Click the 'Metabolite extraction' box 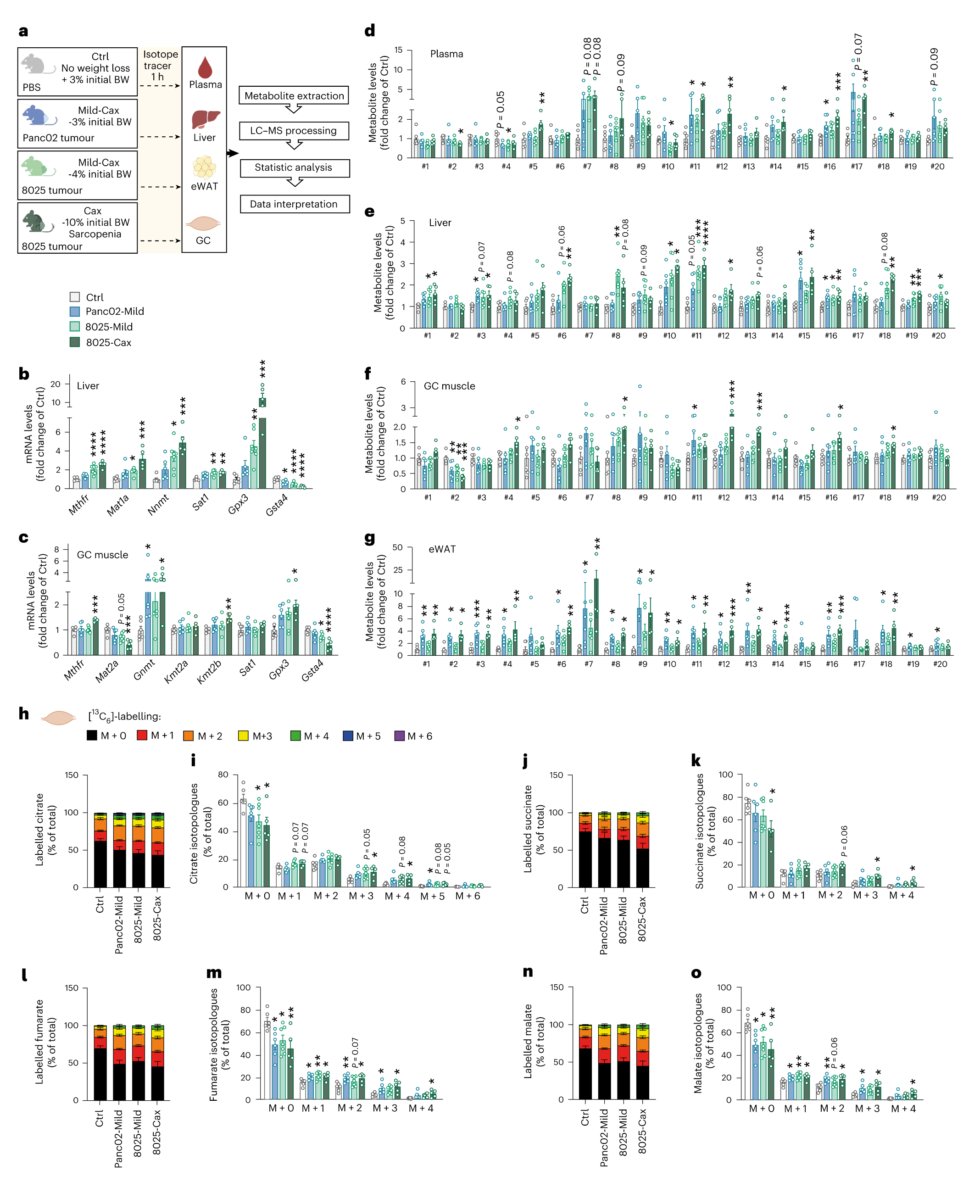pyautogui.click(x=294, y=95)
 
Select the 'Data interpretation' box pyautogui.click(x=294, y=204)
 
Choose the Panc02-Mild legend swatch pyautogui.click(x=74, y=311)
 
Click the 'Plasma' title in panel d pyautogui.click(x=446, y=54)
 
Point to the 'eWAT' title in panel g pyautogui.click(x=442, y=549)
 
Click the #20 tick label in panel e pyautogui.click(x=938, y=335)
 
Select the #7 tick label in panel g pyautogui.click(x=589, y=664)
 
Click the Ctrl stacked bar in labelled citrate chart pyautogui.click(x=100, y=850)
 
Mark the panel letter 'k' pyautogui.click(x=696, y=760)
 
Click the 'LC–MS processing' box pyautogui.click(x=294, y=130)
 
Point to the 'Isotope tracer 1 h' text pyautogui.click(x=160, y=65)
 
